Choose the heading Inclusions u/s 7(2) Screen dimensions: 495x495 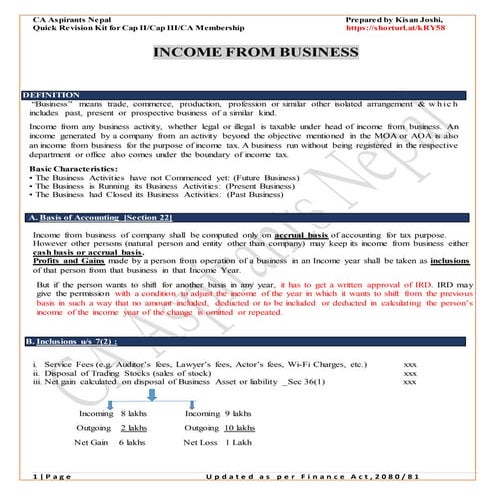pos(80,342)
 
